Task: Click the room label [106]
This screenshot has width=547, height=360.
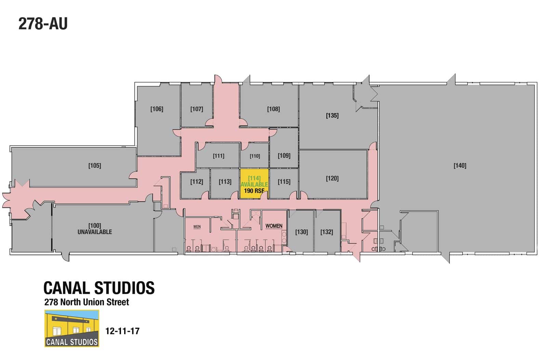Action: pyautogui.click(x=157, y=109)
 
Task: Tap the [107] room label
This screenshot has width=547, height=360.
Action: pyautogui.click(x=197, y=109)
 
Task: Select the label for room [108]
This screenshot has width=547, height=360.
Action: pyautogui.click(x=273, y=109)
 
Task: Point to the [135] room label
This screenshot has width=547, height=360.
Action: pyautogui.click(x=332, y=115)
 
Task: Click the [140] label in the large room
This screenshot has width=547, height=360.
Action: pyautogui.click(x=460, y=165)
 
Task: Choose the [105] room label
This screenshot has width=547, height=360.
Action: pyautogui.click(x=95, y=165)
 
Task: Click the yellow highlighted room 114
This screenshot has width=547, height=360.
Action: pyautogui.click(x=254, y=184)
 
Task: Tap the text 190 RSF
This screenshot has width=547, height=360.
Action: pyautogui.click(x=254, y=191)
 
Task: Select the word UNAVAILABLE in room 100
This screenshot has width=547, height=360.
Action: pyautogui.click(x=95, y=232)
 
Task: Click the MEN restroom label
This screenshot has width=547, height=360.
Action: pyautogui.click(x=197, y=227)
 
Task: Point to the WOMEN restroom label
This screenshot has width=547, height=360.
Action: pyautogui.click(x=274, y=226)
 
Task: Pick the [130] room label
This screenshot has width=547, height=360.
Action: pyautogui.click(x=302, y=232)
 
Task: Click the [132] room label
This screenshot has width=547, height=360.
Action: pyautogui.click(x=327, y=232)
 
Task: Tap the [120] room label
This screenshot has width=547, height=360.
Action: pyautogui.click(x=332, y=178)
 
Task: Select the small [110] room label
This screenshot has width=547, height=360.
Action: pyautogui.click(x=255, y=156)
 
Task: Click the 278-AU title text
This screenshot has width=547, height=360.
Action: pyautogui.click(x=43, y=24)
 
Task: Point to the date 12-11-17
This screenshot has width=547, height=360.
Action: pyautogui.click(x=123, y=331)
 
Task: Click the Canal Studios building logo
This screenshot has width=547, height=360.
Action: pyautogui.click(x=72, y=329)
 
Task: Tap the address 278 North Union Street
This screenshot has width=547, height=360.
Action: pyautogui.click(x=87, y=302)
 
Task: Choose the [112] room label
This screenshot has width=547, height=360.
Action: pyautogui.click(x=197, y=182)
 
